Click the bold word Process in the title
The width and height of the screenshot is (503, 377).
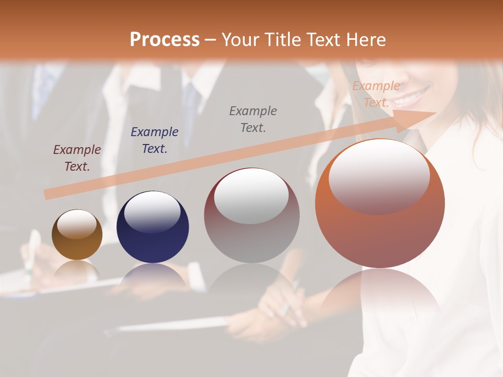coord(165,39)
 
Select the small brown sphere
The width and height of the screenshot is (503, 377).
coord(77,235)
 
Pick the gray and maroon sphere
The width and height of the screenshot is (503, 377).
coord(251,215)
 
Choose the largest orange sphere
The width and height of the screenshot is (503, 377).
coord(380,204)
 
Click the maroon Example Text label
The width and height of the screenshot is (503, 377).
coord(77,158)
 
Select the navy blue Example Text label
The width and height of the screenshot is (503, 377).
coord(155,140)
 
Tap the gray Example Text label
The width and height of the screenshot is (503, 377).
coord(253,119)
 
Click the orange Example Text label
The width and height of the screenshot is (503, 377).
coord(376,94)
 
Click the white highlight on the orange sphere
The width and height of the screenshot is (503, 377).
coord(379,176)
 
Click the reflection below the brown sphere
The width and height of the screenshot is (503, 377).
coord(77,270)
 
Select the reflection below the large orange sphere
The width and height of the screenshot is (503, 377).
coord(380,293)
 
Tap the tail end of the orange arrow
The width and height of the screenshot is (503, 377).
coord(48,194)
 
